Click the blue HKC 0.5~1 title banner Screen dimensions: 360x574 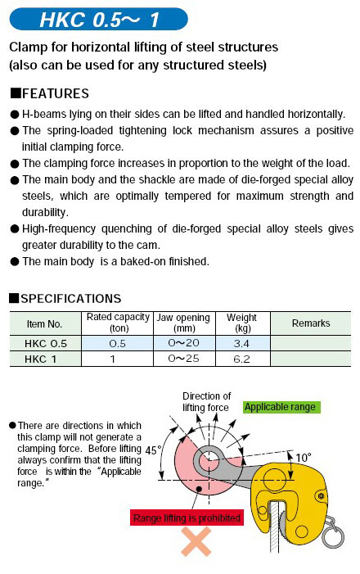coord(98,19)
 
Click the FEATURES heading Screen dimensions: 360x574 coord(50,93)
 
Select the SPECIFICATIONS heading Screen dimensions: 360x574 coord(65,299)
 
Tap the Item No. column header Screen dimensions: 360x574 coord(45,323)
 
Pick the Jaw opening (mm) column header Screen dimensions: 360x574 coord(183,323)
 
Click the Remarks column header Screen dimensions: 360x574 coord(311,323)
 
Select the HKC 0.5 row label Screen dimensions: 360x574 coord(46,343)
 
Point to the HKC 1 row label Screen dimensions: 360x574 coord(41,359)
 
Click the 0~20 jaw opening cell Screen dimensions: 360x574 coord(183,343)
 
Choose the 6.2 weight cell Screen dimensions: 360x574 coord(241,359)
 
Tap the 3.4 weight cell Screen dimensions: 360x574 coord(241,343)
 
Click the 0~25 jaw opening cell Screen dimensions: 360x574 coord(183,359)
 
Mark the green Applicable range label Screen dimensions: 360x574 coord(281,407)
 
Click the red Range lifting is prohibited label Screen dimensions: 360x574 coord(187,518)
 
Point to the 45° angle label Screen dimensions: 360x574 coord(152,450)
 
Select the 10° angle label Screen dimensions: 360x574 coord(303,458)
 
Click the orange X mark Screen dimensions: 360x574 coord(196,542)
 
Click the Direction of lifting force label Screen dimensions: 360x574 coord(206,401)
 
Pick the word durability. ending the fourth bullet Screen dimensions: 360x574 coord(45,212)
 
